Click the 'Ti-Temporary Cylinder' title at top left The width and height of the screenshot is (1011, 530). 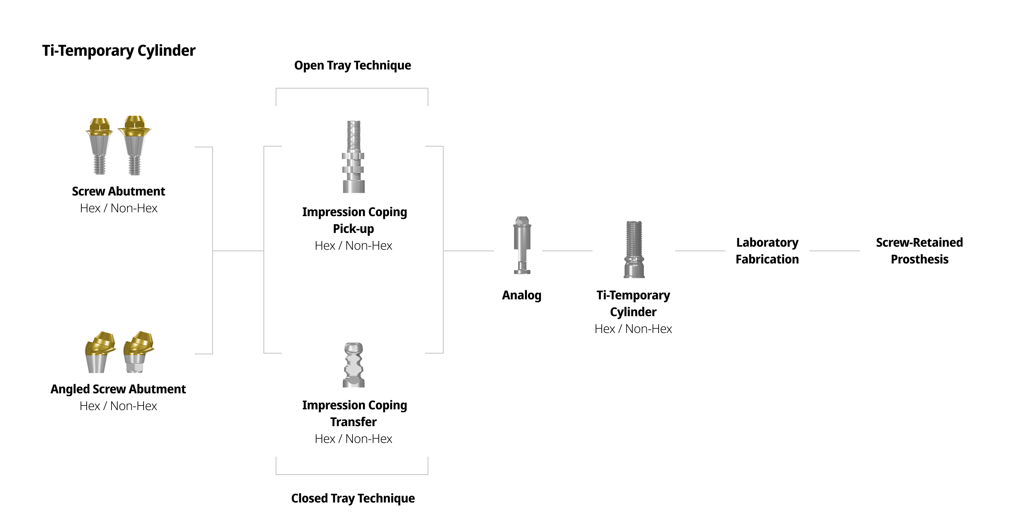click(118, 51)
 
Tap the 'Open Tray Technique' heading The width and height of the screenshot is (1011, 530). click(352, 65)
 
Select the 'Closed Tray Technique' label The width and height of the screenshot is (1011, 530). click(352, 498)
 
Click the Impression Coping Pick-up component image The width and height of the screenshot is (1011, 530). click(354, 157)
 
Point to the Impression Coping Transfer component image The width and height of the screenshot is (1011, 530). click(354, 365)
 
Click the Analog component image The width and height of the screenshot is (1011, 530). click(522, 246)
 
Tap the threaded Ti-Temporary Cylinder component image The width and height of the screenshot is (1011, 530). click(634, 250)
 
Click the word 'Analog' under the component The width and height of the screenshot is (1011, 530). click(522, 295)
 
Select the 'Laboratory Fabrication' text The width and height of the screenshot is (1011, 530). click(767, 251)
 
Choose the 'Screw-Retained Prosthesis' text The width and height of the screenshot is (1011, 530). click(919, 251)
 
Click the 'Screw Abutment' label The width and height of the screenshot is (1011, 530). click(118, 191)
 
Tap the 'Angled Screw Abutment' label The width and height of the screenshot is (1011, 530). click(118, 389)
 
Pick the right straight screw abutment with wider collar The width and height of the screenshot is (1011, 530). click(135, 145)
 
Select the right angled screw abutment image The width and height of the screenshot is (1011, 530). click(138, 352)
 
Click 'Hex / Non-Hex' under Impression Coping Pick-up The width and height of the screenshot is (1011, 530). click(353, 246)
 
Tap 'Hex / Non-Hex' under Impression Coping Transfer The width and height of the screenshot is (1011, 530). click(353, 439)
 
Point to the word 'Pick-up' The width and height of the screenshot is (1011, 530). click(353, 229)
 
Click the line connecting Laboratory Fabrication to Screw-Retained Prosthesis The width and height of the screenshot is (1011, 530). click(834, 251)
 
